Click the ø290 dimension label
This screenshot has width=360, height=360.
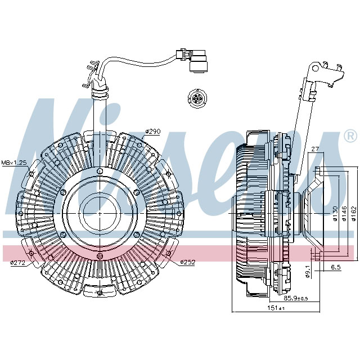[x=153, y=132]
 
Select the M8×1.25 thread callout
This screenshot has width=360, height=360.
[x=13, y=163]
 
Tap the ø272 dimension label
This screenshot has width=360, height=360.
[x=19, y=263]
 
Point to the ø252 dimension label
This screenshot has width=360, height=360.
[x=188, y=263]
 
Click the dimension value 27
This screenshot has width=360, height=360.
[x=314, y=150]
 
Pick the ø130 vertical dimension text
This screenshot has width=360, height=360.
[x=336, y=215]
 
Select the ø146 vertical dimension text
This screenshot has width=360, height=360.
[x=344, y=215]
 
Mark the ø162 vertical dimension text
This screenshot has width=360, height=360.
[x=353, y=215]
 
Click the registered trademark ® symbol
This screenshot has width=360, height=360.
[x=349, y=136]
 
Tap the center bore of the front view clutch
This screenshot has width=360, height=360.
[x=100, y=211]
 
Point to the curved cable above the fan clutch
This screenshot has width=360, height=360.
[x=135, y=59]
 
